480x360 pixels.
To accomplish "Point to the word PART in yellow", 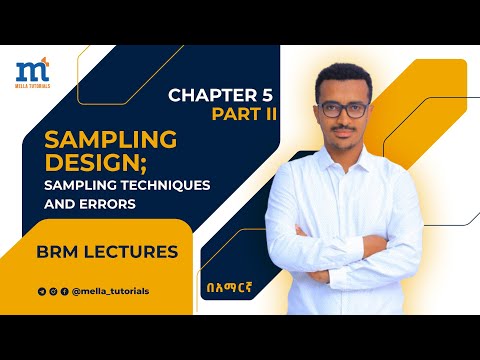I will coord(231,115).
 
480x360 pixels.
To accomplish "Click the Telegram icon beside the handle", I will coord(41,291).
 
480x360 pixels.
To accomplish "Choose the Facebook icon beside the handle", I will coord(65,291).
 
